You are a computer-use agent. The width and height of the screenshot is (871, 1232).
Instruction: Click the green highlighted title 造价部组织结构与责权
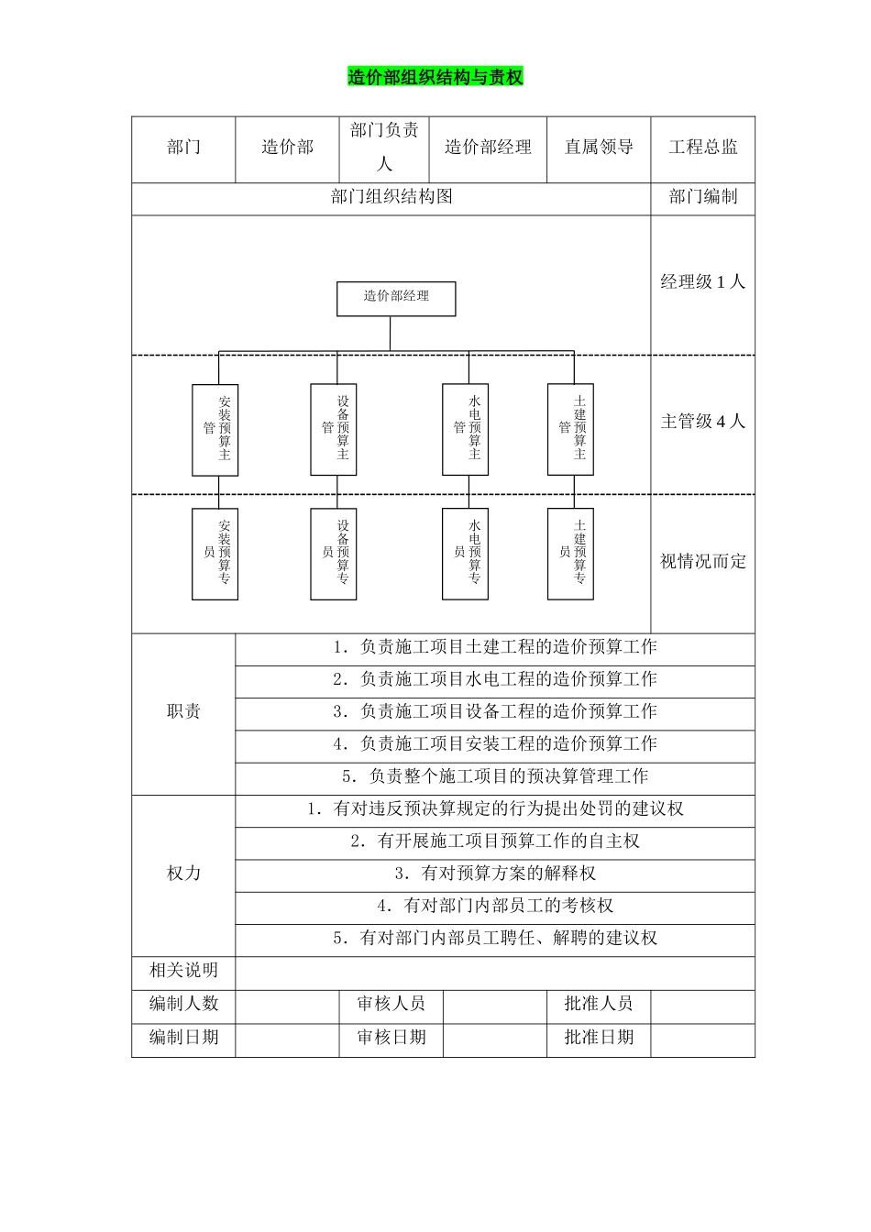pos(435,78)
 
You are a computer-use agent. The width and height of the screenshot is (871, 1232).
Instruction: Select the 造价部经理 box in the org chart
pos(396,298)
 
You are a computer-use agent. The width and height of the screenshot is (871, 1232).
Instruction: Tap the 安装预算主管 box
pos(215,429)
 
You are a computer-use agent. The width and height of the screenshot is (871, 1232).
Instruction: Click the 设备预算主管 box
pos(334,429)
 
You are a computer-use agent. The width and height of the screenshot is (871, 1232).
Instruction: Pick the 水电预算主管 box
pos(466,429)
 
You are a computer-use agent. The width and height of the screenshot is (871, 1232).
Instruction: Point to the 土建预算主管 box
pos(570,429)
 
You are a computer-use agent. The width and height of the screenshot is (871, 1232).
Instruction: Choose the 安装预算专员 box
pos(215,554)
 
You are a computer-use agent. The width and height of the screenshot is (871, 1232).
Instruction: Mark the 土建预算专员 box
pos(570,554)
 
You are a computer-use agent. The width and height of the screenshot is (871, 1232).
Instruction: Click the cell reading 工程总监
pos(703,148)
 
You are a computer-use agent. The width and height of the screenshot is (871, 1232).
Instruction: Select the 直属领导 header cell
pos(599,148)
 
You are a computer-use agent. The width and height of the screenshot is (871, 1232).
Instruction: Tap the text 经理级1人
pos(703,282)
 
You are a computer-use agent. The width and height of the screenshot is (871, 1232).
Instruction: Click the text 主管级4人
pos(703,422)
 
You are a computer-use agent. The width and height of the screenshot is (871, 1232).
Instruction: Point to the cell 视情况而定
pos(703,562)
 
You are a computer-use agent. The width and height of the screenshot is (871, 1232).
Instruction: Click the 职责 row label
pos(183,712)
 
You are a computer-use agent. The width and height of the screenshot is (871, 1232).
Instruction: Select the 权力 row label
pos(183,874)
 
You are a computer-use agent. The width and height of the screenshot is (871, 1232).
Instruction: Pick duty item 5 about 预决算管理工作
pos(495,776)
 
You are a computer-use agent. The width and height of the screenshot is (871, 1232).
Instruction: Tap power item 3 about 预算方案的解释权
pos(495,874)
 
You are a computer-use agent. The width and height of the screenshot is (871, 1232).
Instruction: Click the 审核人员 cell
pos(391,1004)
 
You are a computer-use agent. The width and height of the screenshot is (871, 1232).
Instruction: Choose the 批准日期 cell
pos(599,1038)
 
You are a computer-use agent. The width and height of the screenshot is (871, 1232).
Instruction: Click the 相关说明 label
pos(183,971)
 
